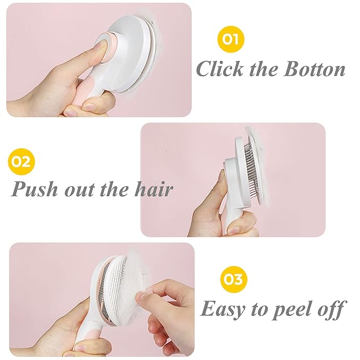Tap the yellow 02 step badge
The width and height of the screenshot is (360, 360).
click(21, 161)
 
